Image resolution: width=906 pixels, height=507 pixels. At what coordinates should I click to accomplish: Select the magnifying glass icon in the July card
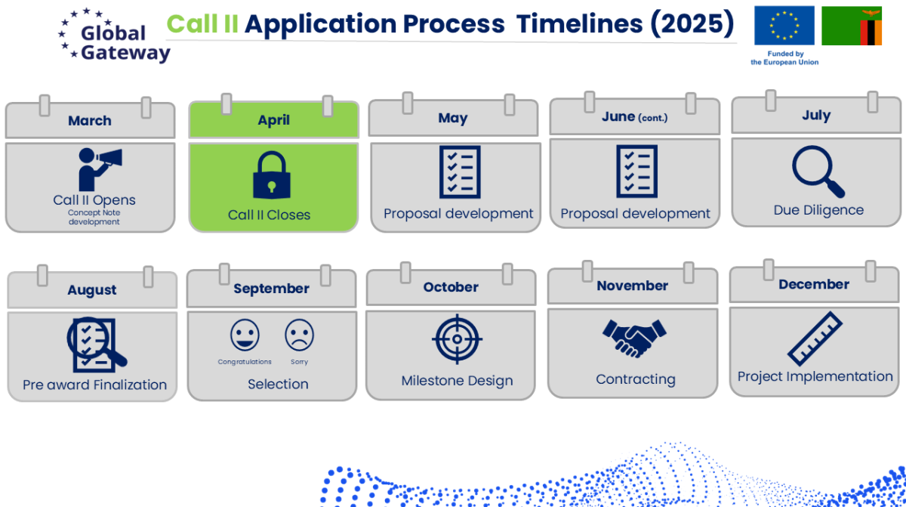click(818, 172)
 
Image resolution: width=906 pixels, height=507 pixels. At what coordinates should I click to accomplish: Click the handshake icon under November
click(634, 339)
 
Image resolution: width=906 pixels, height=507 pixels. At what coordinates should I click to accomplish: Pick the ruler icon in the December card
click(815, 339)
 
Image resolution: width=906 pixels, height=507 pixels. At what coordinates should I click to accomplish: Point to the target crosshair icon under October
click(457, 339)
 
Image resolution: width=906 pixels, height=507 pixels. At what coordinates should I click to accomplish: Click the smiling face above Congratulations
click(245, 335)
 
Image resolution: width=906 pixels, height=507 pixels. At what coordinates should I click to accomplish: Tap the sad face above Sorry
click(299, 335)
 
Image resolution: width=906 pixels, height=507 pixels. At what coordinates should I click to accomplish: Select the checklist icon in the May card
click(460, 172)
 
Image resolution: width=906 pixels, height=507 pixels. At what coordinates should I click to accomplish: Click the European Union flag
click(784, 26)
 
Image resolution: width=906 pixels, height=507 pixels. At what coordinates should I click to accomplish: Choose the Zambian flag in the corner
click(852, 26)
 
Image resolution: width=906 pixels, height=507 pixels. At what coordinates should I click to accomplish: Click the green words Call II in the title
click(202, 23)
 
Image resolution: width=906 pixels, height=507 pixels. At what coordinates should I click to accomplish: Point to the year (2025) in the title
click(692, 23)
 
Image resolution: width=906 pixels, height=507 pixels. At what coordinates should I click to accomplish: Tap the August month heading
click(92, 289)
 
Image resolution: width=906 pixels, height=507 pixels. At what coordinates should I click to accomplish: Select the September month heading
click(271, 289)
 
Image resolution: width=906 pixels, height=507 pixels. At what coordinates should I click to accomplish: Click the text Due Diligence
click(818, 210)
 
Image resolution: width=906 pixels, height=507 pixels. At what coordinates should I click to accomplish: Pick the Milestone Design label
click(457, 381)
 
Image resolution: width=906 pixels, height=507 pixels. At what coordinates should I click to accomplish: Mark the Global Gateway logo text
click(125, 43)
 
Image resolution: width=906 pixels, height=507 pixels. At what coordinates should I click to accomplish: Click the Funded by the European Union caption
click(784, 58)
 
